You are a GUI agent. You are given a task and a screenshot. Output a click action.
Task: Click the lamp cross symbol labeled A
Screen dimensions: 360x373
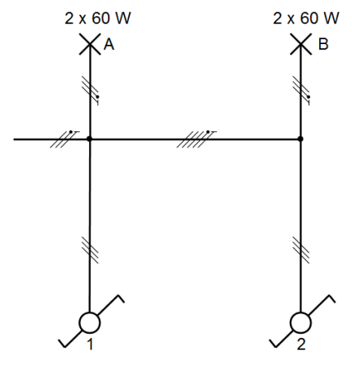click(x=90, y=44)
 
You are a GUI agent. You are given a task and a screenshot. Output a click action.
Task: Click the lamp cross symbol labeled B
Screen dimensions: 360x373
click(x=300, y=44)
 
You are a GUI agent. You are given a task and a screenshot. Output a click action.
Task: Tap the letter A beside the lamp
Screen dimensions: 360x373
click(x=109, y=44)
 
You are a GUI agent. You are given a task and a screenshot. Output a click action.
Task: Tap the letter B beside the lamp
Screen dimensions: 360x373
click(x=323, y=44)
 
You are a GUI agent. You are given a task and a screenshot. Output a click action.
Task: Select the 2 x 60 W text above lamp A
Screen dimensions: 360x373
click(x=98, y=18)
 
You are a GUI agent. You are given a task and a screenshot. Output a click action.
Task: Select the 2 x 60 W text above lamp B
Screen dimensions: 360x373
click(x=306, y=18)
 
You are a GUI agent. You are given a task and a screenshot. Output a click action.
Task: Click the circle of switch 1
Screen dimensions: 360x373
click(x=90, y=323)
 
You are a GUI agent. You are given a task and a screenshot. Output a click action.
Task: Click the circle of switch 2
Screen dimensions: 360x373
click(x=300, y=323)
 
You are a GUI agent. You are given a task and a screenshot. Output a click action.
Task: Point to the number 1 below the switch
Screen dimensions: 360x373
click(x=90, y=344)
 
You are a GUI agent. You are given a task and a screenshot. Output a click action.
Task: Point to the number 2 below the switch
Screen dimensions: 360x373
click(x=301, y=344)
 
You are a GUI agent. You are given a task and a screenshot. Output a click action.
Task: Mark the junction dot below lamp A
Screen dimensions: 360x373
click(x=90, y=139)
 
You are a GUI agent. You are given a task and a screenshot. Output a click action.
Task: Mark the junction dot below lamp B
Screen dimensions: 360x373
click(x=300, y=139)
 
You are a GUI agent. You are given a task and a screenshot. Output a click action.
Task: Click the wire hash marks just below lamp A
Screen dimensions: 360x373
click(x=91, y=91)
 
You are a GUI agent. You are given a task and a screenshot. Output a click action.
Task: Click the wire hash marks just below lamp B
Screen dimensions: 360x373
click(x=301, y=91)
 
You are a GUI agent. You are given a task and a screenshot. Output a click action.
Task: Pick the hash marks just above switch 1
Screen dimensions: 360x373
click(x=90, y=250)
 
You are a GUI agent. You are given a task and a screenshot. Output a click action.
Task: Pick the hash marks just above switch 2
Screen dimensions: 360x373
click(x=300, y=250)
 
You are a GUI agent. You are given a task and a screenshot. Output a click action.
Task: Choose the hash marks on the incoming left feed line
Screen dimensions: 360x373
click(x=64, y=139)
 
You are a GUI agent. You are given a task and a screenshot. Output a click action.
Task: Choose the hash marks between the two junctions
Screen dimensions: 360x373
click(x=196, y=139)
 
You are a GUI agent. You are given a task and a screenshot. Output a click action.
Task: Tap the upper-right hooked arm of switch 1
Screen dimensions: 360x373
click(x=110, y=304)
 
